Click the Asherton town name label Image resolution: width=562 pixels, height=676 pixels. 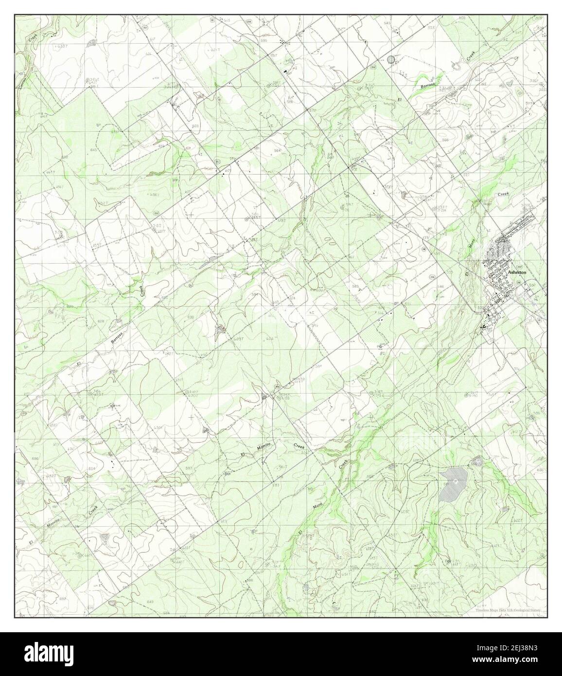coord(517,273)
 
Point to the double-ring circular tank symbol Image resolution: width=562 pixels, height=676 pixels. coord(391,59)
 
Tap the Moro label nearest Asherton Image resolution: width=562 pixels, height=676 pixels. coord(470,244)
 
